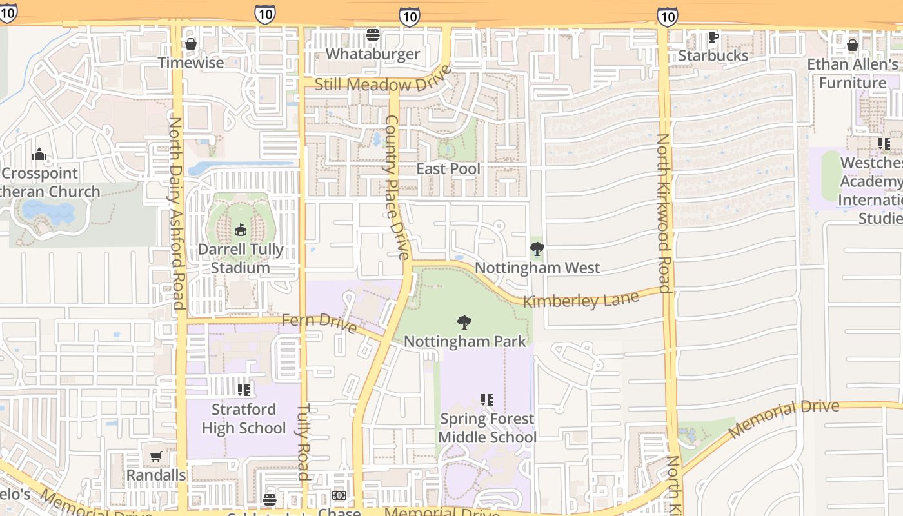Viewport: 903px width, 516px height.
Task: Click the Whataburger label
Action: click(x=372, y=54)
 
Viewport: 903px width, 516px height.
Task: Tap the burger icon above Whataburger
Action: click(x=372, y=35)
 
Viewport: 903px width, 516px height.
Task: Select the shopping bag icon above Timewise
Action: click(x=190, y=44)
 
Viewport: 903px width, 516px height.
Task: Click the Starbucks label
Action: click(x=713, y=55)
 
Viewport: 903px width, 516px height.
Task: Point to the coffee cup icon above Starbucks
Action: click(x=713, y=37)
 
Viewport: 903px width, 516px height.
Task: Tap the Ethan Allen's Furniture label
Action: click(x=853, y=74)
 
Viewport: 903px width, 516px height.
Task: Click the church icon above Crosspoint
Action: click(x=39, y=154)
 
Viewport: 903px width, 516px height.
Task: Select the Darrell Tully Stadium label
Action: click(x=241, y=259)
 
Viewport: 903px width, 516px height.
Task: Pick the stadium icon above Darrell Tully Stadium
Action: click(x=241, y=230)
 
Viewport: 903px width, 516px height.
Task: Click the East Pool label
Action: click(x=448, y=169)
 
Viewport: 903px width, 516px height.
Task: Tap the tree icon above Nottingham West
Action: click(x=537, y=248)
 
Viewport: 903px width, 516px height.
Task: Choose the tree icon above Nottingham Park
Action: click(x=464, y=322)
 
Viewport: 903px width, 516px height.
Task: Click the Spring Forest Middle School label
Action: click(x=487, y=428)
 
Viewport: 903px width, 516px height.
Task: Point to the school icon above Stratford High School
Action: click(x=243, y=390)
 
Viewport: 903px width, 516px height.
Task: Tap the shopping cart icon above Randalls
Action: click(x=155, y=457)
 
